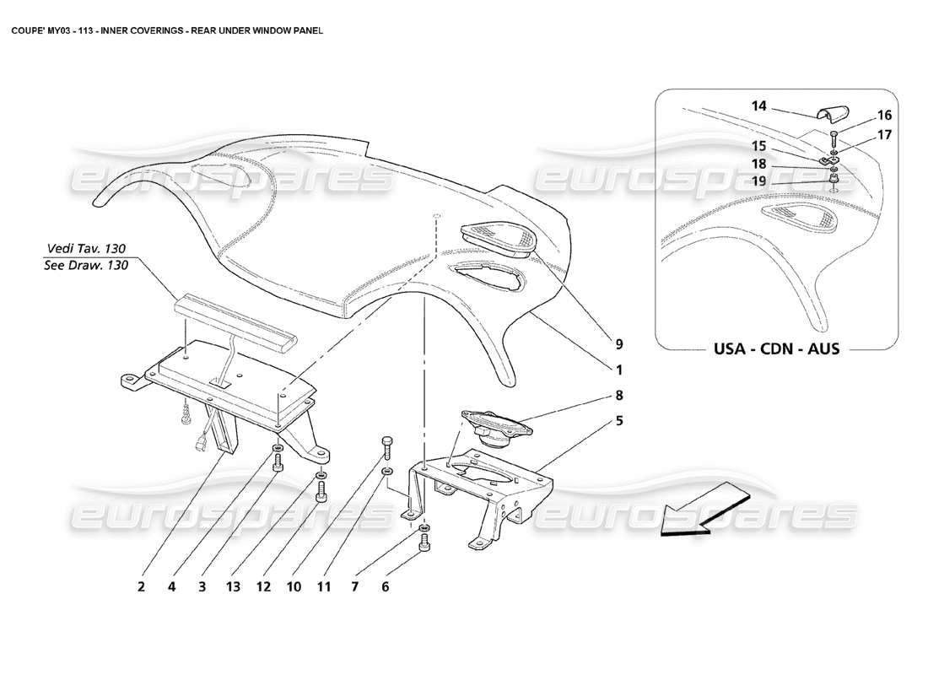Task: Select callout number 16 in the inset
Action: (861, 116)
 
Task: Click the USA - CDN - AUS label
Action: (765, 348)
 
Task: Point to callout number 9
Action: (619, 343)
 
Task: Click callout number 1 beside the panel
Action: (619, 369)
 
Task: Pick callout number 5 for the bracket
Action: (619, 419)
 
